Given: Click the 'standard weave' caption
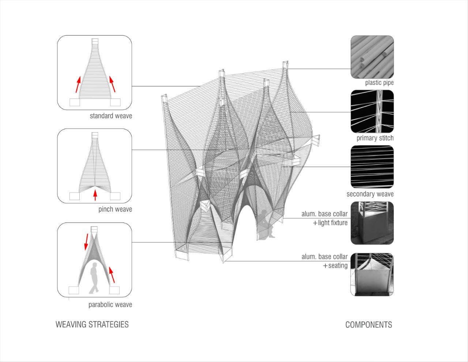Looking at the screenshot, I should coord(111,116).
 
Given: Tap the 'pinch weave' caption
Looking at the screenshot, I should coord(115,209).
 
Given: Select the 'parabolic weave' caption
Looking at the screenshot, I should coord(110,305).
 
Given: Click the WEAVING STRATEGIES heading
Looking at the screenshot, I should coord(92,324).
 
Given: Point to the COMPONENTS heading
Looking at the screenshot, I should coord(369,325).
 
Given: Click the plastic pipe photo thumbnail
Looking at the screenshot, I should coord(372,57).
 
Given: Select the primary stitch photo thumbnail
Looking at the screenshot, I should coord(372,112).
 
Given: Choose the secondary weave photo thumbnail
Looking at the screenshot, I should coord(372,167).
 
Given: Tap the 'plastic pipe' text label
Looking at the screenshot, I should coord(379,83).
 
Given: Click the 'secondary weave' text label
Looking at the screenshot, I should coord(370,194).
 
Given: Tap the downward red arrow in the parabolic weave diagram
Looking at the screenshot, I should coord(86,241).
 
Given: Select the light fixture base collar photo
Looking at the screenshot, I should coord(372,223).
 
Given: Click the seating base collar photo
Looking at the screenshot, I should coord(372,275).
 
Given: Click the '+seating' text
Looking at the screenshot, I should coord(335,266).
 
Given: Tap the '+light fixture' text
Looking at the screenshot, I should coord(330,223).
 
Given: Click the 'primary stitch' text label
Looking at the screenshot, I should coord(375,138).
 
